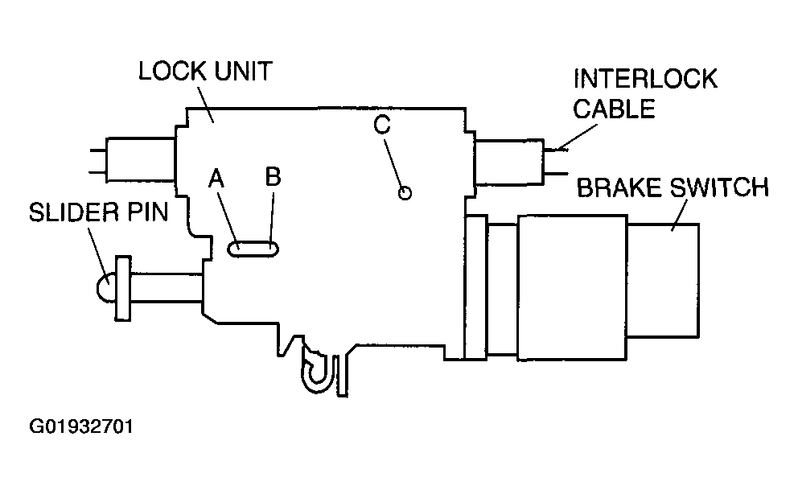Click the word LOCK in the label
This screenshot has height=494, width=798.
(x=172, y=72)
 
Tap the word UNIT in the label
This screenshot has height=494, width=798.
(x=243, y=72)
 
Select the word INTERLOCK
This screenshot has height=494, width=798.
(x=645, y=79)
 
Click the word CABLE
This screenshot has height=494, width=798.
(x=614, y=109)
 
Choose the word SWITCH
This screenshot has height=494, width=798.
(x=718, y=187)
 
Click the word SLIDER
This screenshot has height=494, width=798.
(x=74, y=212)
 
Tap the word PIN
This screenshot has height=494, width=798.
(x=147, y=212)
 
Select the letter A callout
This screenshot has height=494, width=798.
(x=216, y=179)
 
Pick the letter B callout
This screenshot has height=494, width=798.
(x=274, y=176)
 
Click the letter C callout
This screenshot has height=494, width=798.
(x=381, y=125)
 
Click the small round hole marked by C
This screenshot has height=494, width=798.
(x=405, y=193)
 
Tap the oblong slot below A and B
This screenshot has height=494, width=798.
(x=253, y=249)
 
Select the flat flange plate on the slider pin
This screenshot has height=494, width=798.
(x=122, y=289)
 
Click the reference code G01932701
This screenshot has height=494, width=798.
(x=81, y=426)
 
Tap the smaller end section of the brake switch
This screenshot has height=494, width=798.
(x=663, y=280)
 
